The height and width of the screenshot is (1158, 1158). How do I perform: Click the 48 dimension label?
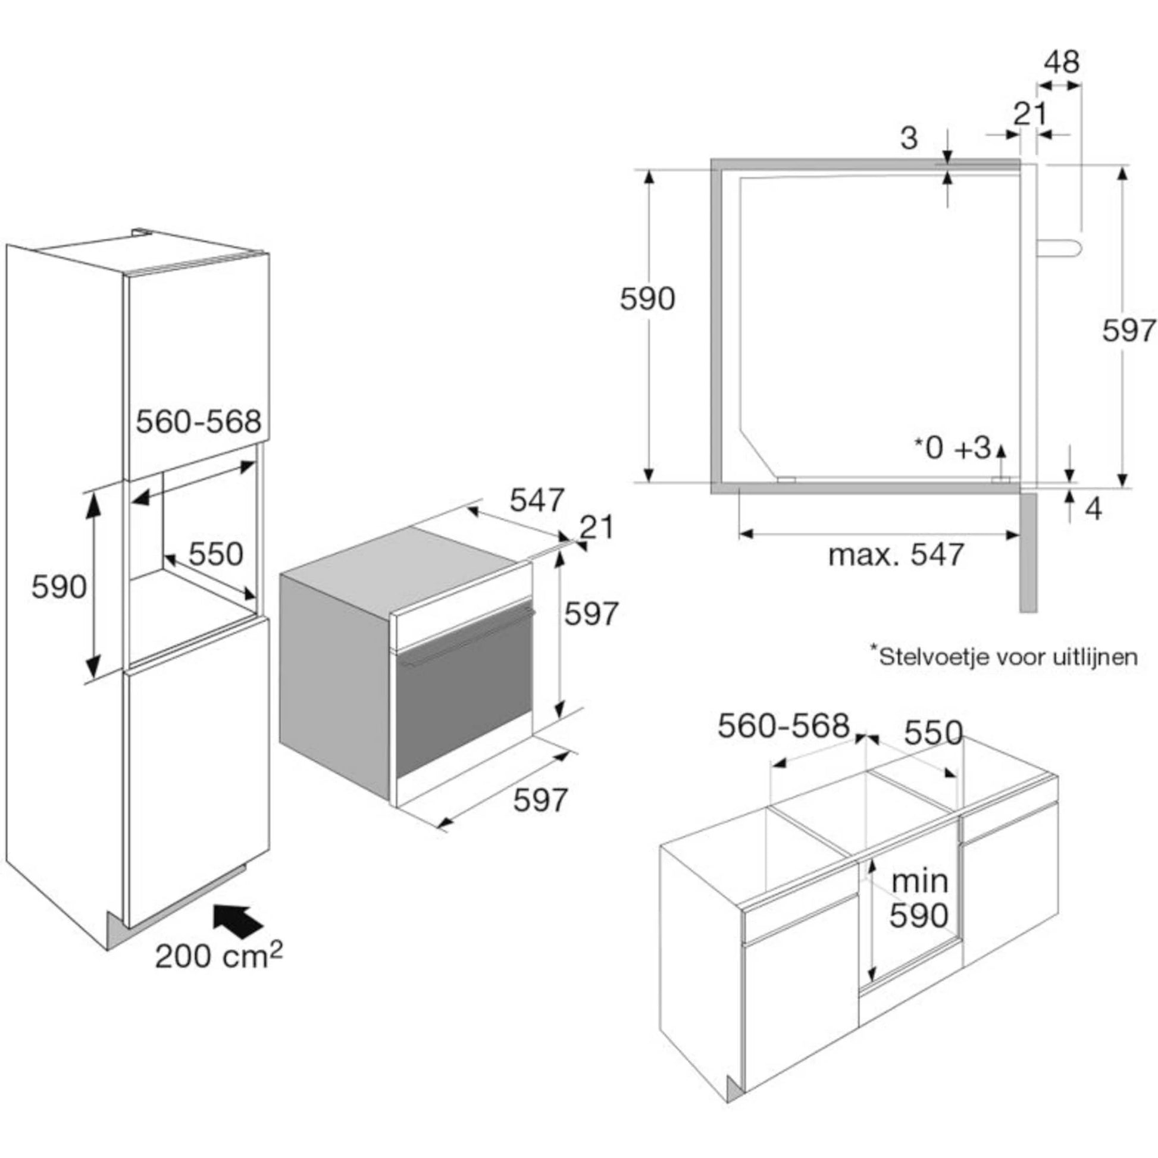(x=1062, y=62)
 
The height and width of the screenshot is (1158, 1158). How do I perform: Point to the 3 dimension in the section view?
(x=909, y=139)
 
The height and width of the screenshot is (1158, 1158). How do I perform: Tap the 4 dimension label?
(x=1094, y=509)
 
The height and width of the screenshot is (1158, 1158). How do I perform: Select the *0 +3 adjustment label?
(x=953, y=447)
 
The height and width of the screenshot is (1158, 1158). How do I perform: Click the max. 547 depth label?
(x=896, y=555)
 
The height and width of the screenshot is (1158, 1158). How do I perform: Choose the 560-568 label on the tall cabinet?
(x=198, y=422)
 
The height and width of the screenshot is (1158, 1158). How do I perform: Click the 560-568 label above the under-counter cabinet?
(x=783, y=726)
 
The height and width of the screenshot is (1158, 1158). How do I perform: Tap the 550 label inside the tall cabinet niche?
(x=216, y=554)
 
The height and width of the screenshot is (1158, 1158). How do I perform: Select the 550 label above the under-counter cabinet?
(x=932, y=733)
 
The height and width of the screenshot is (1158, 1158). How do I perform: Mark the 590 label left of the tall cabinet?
(x=59, y=587)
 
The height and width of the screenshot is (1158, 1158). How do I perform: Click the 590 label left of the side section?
(x=647, y=299)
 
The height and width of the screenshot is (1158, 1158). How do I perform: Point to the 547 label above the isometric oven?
(x=537, y=499)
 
